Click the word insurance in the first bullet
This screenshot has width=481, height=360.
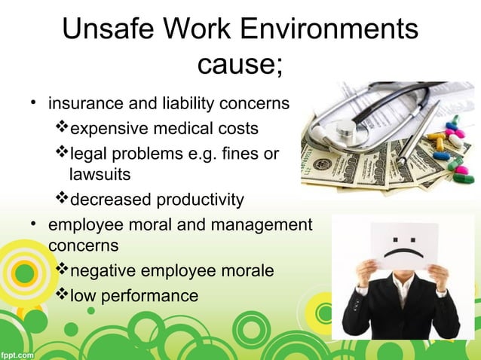pos(82,102)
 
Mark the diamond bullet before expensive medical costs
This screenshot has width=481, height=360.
pos(63,128)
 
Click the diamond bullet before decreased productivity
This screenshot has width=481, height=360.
pos(63,199)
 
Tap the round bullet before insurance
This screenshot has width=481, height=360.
pos(33,102)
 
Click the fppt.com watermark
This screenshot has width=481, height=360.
pos(17,353)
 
